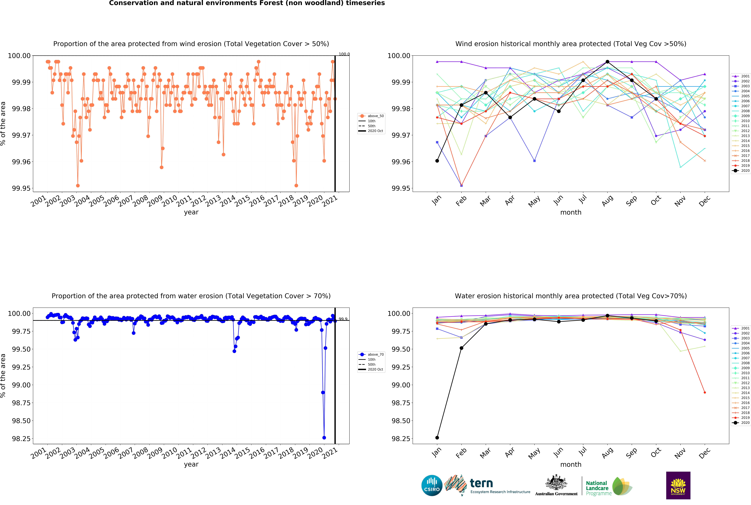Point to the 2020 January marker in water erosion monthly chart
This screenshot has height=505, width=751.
click(x=437, y=438)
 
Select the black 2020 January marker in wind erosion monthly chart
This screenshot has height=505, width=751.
click(x=437, y=161)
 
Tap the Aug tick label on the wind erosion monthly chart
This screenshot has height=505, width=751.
click(x=607, y=201)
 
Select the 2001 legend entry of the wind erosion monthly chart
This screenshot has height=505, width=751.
click(x=741, y=76)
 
